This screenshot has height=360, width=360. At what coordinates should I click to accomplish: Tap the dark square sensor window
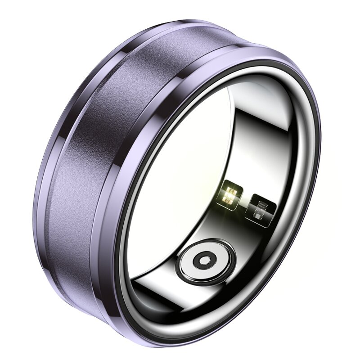point(261,207)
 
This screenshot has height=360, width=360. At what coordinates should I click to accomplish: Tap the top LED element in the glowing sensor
point(232,188)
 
